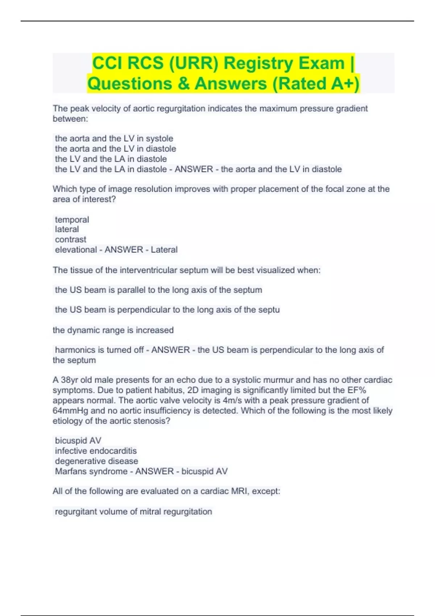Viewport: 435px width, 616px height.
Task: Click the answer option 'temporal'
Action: (72, 220)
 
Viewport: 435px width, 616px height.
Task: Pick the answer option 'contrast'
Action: (71, 240)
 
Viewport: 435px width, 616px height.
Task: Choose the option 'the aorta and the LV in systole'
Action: (114, 138)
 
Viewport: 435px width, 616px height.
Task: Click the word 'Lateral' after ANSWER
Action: (164, 250)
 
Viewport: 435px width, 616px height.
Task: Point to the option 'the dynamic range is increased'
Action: (113, 330)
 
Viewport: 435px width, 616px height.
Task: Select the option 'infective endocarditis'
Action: (96, 451)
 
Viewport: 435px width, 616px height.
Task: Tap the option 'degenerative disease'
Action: (96, 461)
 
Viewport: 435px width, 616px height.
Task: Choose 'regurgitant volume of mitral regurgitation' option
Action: (133, 512)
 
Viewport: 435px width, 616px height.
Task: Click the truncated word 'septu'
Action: (270, 310)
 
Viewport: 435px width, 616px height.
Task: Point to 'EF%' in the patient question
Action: (357, 390)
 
